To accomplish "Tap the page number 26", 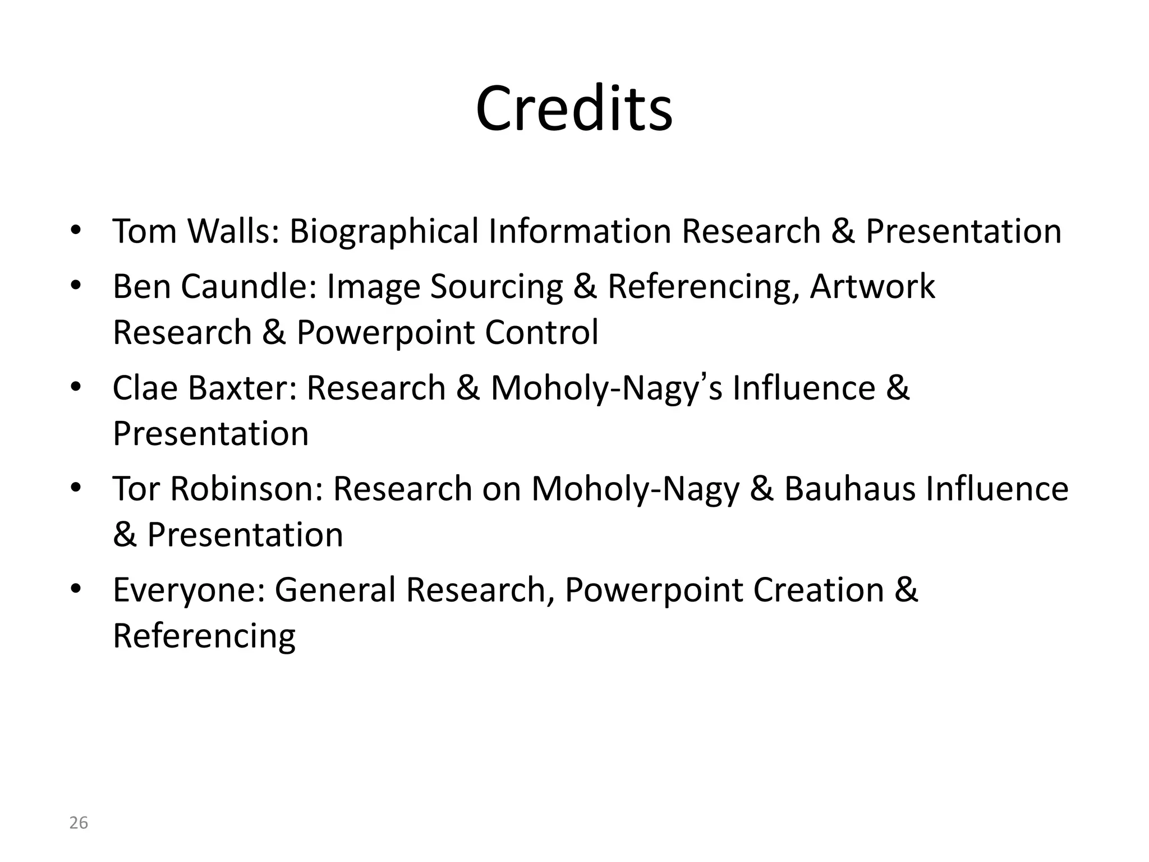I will (x=79, y=823).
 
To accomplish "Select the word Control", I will (x=541, y=332).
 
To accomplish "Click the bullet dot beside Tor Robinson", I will (x=76, y=488).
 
